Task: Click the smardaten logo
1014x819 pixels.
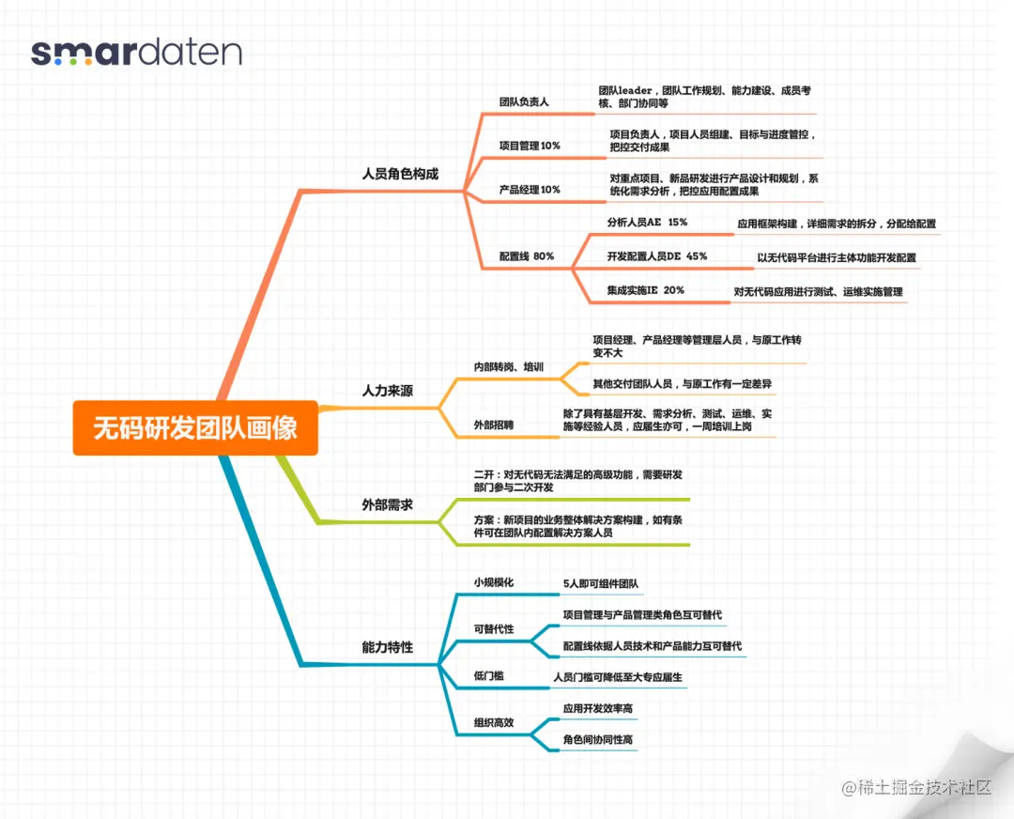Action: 136,52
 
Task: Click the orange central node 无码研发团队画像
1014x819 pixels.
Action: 195,428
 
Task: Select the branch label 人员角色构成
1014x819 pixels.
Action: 400,174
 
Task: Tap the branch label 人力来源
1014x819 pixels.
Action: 387,390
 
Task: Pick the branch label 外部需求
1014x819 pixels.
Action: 387,505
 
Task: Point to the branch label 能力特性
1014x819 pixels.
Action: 387,647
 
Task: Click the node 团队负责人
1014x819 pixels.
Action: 524,101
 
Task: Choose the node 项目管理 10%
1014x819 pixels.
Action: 530,146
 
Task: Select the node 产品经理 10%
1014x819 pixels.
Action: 530,190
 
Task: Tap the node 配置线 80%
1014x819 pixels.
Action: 527,256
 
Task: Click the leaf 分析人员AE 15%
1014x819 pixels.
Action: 647,223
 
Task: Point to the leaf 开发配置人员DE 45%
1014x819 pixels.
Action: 656,256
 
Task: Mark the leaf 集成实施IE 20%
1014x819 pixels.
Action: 645,290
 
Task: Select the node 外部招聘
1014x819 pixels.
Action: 494,425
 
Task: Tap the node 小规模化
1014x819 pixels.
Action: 494,582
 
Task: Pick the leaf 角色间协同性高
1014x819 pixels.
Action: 598,740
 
